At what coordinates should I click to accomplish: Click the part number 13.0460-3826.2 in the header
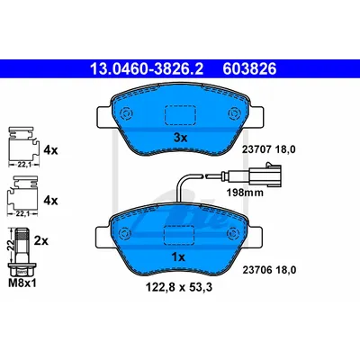click(147, 69)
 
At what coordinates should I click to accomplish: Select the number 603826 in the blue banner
click(249, 69)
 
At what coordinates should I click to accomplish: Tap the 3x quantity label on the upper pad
click(181, 138)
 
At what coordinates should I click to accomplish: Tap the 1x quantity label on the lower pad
click(178, 257)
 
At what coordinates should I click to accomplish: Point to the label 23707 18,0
click(269, 149)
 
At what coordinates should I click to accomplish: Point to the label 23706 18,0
click(269, 270)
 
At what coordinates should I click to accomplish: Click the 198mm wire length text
click(245, 193)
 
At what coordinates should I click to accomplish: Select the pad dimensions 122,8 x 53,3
click(179, 287)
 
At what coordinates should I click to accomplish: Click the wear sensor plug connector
click(265, 174)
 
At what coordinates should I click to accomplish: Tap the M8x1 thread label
click(22, 283)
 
